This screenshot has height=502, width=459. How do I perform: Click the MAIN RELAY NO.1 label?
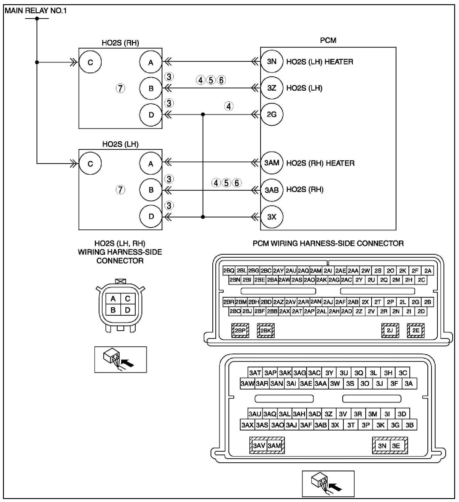35,11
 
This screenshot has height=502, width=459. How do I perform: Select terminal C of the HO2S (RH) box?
90,62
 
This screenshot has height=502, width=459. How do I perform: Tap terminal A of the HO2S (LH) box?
151,164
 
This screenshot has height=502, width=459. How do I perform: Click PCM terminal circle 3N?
272,62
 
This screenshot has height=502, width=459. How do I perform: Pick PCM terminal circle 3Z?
272,88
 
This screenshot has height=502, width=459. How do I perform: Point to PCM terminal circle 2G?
272,115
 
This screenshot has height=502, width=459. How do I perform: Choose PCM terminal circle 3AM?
272,163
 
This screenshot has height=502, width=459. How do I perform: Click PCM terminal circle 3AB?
272,190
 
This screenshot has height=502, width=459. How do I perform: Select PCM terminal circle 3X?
272,217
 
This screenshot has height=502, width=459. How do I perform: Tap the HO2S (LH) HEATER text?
319,62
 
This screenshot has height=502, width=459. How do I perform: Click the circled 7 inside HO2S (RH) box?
120,88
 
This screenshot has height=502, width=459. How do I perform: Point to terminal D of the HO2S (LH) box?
151,216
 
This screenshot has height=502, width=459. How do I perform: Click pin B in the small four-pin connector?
113,310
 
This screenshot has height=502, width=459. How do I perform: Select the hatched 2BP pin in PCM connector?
240,331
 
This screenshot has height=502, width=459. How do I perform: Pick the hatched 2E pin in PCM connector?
415,331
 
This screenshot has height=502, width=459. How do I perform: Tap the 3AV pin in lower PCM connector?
259,445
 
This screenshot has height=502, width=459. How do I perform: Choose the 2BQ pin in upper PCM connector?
229,271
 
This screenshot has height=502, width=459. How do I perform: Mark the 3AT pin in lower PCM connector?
255,373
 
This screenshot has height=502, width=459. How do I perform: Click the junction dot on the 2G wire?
203,115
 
